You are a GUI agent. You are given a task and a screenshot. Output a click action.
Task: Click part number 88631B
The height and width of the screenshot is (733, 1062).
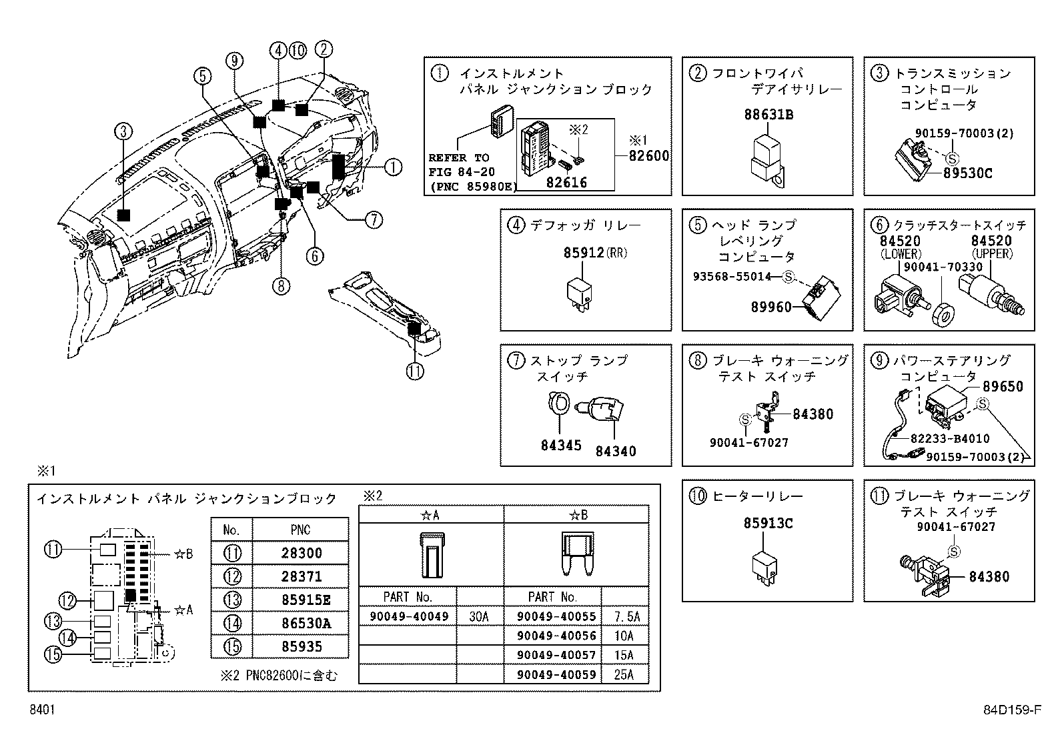[768, 115]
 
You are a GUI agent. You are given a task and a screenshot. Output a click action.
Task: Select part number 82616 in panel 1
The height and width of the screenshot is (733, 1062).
[566, 182]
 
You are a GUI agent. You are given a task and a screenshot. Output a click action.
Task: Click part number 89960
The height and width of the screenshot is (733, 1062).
[771, 307]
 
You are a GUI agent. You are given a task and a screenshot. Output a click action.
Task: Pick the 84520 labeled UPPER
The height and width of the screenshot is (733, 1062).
[991, 241]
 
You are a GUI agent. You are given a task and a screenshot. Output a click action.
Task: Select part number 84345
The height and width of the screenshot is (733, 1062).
[560, 446]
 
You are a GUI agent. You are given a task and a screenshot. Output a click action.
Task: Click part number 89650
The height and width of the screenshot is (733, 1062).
[1003, 387]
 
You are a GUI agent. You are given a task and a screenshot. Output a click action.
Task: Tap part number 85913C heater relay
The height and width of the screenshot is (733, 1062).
[768, 524]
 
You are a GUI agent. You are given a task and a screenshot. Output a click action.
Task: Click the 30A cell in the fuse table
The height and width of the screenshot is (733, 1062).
[479, 617]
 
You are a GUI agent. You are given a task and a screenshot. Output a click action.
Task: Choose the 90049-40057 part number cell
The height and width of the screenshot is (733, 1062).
[556, 655]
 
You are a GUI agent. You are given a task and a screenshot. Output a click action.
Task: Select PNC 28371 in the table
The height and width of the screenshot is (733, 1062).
[300, 576]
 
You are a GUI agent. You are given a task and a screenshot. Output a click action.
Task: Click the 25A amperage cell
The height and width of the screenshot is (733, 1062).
[624, 674]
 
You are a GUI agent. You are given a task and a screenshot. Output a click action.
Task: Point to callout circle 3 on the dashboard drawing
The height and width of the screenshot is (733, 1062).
[121, 131]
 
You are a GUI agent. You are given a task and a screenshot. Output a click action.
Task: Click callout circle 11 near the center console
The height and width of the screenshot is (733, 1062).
[415, 370]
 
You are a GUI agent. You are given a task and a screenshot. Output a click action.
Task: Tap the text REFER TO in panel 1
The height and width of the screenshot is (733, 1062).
[458, 158]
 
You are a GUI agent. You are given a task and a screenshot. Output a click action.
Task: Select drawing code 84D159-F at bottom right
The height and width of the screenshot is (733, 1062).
[1011, 711]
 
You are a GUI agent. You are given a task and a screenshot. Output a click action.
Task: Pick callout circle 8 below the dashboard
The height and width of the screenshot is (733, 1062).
[282, 286]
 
